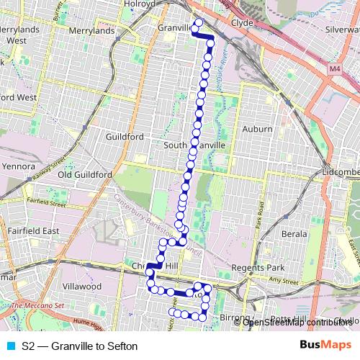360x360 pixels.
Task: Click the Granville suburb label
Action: point(173,28)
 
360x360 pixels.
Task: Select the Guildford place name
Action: point(125,137)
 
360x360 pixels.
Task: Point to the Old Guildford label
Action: point(85,174)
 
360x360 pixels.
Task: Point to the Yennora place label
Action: point(18,166)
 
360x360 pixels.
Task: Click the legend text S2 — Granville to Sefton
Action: point(79,346)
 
